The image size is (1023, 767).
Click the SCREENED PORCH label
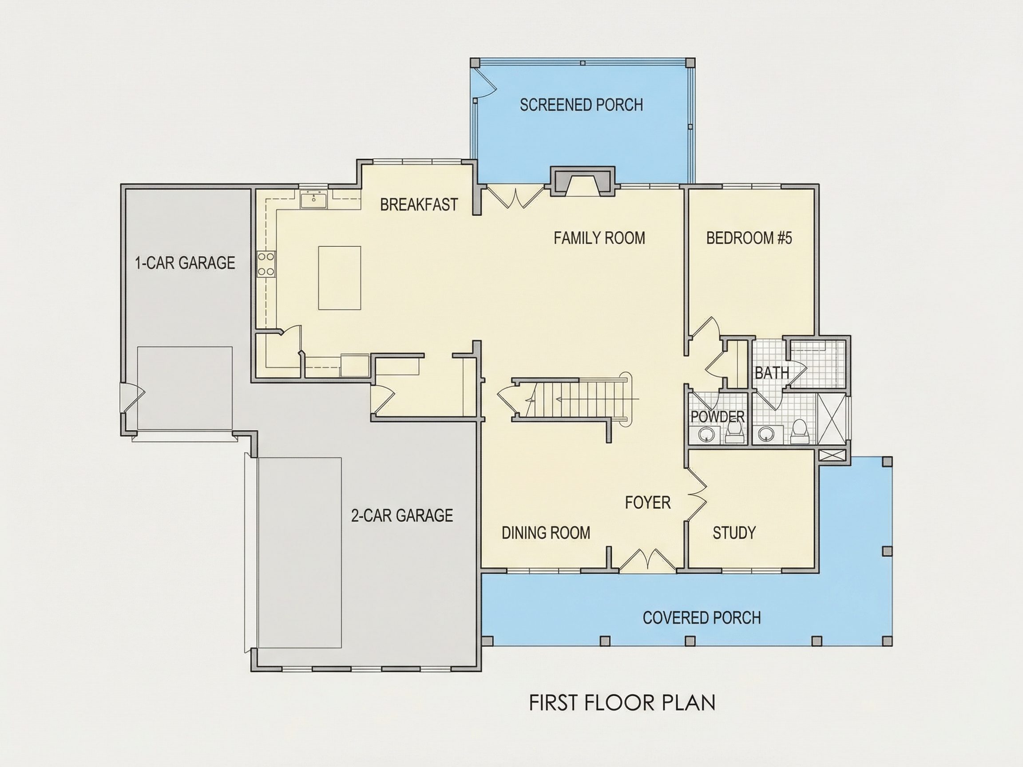581,105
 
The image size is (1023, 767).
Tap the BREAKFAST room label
419,204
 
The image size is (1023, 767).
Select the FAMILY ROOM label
599,237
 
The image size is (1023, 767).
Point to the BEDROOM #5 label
749,237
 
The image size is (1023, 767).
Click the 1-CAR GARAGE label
185,263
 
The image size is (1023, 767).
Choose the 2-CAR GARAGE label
402,515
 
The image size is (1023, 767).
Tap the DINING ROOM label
546,533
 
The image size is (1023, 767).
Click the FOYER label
647,502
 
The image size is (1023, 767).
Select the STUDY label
734,533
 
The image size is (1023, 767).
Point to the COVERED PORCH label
702,618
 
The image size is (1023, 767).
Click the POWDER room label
718,416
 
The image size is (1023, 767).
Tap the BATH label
772,373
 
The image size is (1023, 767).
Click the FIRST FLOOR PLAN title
622,703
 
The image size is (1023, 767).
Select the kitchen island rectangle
340,278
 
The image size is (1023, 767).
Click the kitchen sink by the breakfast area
313,200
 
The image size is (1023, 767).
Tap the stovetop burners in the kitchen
266,264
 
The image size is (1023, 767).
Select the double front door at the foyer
647,560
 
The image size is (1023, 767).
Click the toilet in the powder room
734,432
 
